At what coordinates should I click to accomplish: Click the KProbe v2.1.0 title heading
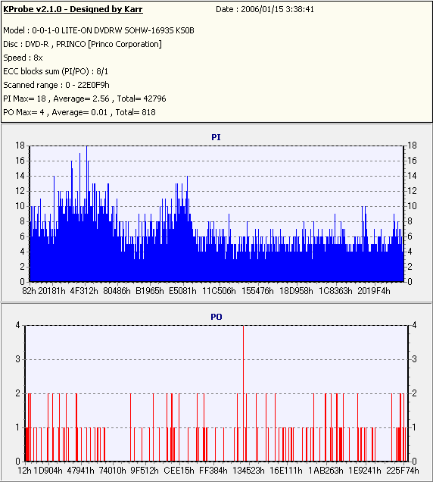click(x=73, y=9)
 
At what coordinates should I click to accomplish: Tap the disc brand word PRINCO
click(x=71, y=44)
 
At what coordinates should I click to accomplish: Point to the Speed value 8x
click(x=38, y=58)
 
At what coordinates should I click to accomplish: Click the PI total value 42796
click(x=154, y=99)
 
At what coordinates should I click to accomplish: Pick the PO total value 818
click(x=148, y=112)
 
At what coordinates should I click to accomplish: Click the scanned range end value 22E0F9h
click(x=93, y=85)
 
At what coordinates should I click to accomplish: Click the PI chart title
click(x=216, y=137)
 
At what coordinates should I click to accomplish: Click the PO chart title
click(x=216, y=317)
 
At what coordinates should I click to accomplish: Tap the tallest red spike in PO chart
click(x=244, y=393)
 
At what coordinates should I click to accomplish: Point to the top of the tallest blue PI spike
click(x=86, y=146)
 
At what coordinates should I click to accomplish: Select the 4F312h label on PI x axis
click(x=84, y=291)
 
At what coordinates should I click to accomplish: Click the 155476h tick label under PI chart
click(x=257, y=291)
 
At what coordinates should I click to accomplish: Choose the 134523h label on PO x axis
click(x=248, y=471)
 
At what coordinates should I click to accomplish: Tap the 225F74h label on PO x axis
click(x=402, y=471)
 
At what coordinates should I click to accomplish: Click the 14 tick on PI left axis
click(x=20, y=176)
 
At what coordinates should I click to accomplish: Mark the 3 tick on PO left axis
click(x=18, y=359)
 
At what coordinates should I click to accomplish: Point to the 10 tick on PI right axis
click(x=412, y=206)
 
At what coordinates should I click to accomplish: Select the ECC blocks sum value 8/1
click(x=102, y=71)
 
